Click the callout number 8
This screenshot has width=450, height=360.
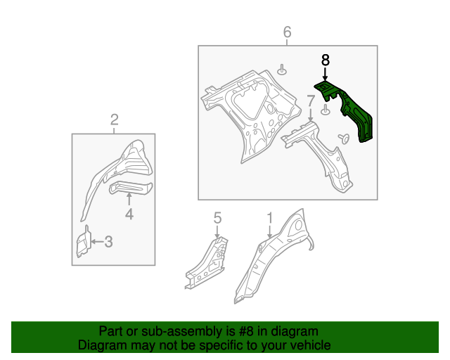click(325, 60)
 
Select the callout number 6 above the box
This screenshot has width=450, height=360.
click(287, 32)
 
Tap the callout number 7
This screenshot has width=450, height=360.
click(311, 101)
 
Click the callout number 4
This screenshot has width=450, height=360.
click(129, 214)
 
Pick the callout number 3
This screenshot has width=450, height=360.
click(108, 242)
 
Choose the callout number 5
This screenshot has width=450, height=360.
click(217, 218)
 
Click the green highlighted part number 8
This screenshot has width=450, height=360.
click(352, 112)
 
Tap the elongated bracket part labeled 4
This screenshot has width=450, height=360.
click(131, 188)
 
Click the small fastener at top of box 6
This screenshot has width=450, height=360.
click(282, 70)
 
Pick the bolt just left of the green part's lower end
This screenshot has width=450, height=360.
click(344, 138)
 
